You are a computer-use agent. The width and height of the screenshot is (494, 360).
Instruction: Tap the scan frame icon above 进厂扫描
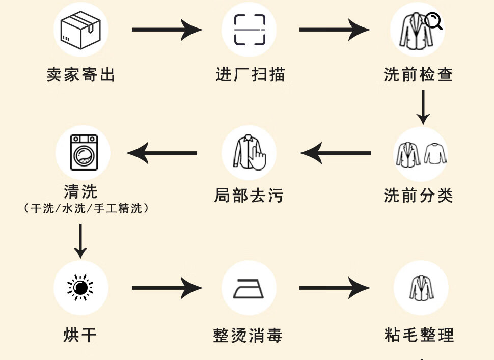[250, 30]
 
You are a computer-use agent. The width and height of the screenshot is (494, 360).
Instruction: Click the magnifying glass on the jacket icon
[433, 21]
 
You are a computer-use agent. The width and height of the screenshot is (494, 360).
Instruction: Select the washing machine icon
[84, 152]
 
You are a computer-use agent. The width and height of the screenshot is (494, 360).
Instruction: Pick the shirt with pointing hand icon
[250, 152]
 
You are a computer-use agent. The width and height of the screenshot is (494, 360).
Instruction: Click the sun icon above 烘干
[80, 288]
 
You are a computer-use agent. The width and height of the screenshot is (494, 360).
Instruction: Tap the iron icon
[249, 289]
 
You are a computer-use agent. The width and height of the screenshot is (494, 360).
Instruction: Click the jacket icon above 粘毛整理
[421, 288]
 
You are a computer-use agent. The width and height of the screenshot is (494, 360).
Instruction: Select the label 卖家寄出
[81, 75]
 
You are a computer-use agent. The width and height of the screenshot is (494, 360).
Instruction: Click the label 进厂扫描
[250, 75]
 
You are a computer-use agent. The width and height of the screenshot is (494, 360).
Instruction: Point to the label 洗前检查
[419, 75]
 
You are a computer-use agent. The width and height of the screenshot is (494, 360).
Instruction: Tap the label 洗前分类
[419, 195]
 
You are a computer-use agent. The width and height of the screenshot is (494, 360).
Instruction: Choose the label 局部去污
[249, 195]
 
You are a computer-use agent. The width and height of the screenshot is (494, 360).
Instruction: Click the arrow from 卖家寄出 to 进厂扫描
[167, 30]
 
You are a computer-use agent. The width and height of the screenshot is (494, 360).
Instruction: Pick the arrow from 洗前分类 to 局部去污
[335, 153]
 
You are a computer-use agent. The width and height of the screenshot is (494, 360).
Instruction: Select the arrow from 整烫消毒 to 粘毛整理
[335, 289]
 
